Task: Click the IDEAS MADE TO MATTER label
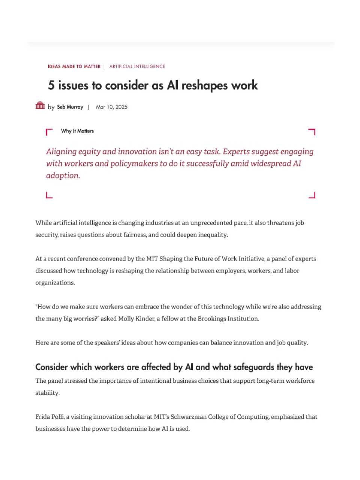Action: click(x=74, y=66)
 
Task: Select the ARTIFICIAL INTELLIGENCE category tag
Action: click(x=137, y=66)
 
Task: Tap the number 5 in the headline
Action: click(x=51, y=85)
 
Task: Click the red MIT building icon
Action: click(x=40, y=106)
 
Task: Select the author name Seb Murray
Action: click(x=70, y=107)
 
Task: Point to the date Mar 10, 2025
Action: click(x=112, y=107)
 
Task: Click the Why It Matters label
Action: click(x=77, y=131)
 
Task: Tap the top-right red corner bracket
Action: click(x=312, y=132)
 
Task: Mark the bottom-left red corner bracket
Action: click(x=49, y=195)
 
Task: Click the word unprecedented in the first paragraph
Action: click(x=211, y=223)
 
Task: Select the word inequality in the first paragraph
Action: click(x=213, y=235)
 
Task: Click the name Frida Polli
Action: click(x=50, y=417)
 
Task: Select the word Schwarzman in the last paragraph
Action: click(x=188, y=417)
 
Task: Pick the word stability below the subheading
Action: click(x=47, y=393)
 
